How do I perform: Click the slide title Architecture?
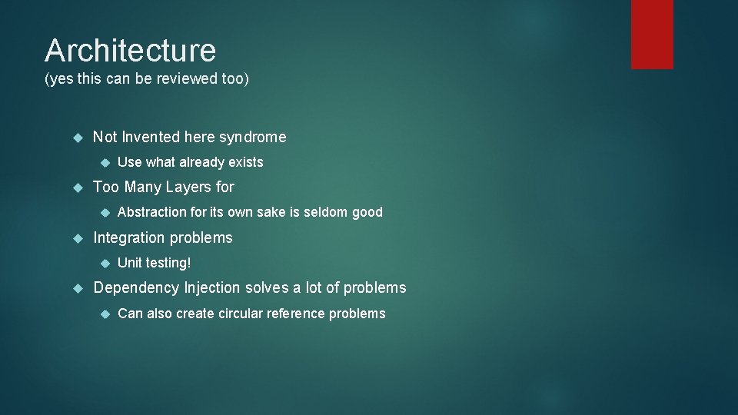(x=130, y=51)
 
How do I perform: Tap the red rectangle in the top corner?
(x=652, y=34)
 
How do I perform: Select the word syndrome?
(x=252, y=138)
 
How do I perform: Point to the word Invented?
(x=151, y=138)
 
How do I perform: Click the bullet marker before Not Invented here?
(x=77, y=138)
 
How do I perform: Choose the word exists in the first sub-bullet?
(x=245, y=162)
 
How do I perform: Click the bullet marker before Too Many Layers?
(x=77, y=187)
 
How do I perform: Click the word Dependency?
(x=136, y=288)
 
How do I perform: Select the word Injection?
(x=212, y=288)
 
